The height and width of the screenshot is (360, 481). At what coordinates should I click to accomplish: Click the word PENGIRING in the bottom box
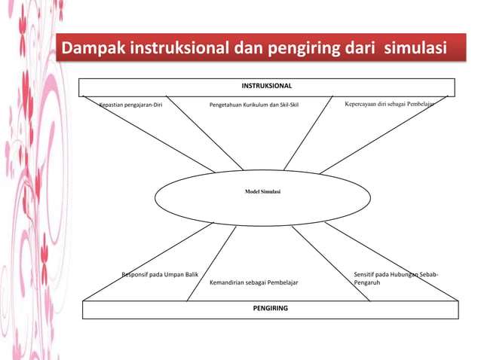(270, 308)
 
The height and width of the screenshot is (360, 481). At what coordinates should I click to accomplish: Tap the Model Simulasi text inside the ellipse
(262, 192)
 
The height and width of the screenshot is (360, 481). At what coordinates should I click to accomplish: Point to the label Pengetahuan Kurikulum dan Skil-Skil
(254, 105)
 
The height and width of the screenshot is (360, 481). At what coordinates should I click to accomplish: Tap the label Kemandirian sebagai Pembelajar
(253, 283)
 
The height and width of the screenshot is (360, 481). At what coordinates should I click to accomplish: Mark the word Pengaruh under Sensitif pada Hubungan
(366, 283)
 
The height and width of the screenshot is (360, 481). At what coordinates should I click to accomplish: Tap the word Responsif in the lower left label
(136, 275)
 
